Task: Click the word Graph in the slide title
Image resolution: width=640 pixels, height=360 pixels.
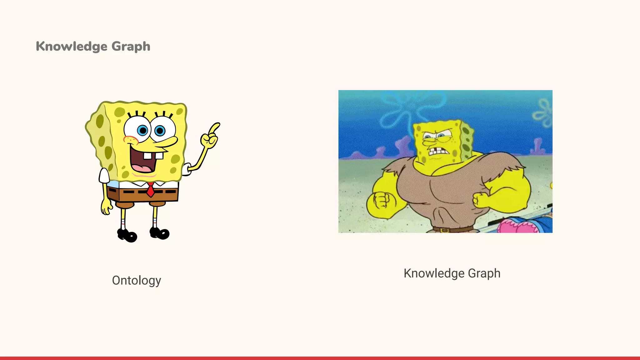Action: (x=131, y=47)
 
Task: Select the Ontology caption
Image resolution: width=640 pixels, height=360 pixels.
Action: (x=137, y=280)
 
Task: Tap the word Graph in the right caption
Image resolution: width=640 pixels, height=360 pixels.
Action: (x=484, y=273)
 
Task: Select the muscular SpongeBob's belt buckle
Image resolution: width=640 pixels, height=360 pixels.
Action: (x=445, y=230)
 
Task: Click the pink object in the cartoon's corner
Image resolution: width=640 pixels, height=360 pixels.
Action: (x=516, y=227)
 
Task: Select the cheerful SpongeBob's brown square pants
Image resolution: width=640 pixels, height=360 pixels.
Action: (x=142, y=194)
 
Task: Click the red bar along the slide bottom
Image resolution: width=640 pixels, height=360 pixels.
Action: (x=320, y=358)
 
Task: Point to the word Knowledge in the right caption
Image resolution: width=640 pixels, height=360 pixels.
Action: (x=434, y=273)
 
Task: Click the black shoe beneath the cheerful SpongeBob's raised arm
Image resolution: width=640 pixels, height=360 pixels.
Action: (x=160, y=233)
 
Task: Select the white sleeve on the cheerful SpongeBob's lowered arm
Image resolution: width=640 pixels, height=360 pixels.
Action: (x=104, y=176)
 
